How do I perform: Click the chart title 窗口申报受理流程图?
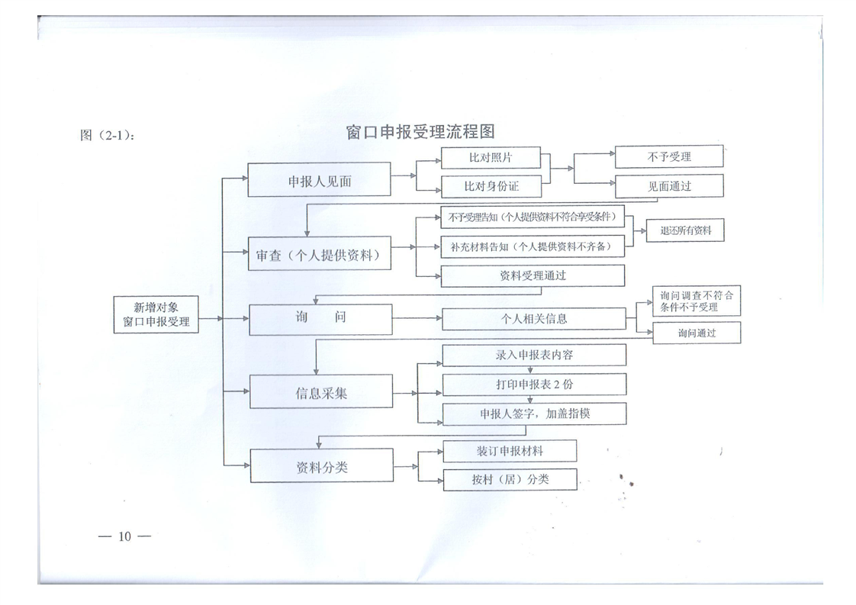pyautogui.click(x=420, y=132)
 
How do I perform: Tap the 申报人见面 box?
pyautogui.click(x=320, y=182)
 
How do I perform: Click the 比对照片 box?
pyautogui.click(x=491, y=158)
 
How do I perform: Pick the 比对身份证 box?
pyautogui.click(x=491, y=185)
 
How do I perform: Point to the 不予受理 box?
pyautogui.click(x=669, y=156)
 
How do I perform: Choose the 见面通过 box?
pyautogui.click(x=669, y=185)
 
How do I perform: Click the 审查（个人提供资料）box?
pyautogui.click(x=320, y=255)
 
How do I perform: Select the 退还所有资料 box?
pyautogui.click(x=685, y=230)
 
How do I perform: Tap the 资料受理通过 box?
pyautogui.click(x=533, y=275)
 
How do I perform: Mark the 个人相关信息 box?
pyautogui.click(x=533, y=319)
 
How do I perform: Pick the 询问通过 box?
pyautogui.click(x=697, y=333)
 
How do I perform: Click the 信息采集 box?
pyautogui.click(x=321, y=394)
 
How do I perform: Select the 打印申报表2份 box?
pyautogui.click(x=534, y=385)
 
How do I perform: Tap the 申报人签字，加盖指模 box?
pyautogui.click(x=534, y=414)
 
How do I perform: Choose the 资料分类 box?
pyautogui.click(x=321, y=467)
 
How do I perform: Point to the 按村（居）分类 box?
pyautogui.click(x=510, y=480)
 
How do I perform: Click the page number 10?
pyautogui.click(x=124, y=536)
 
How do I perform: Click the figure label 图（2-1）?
pyautogui.click(x=108, y=136)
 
